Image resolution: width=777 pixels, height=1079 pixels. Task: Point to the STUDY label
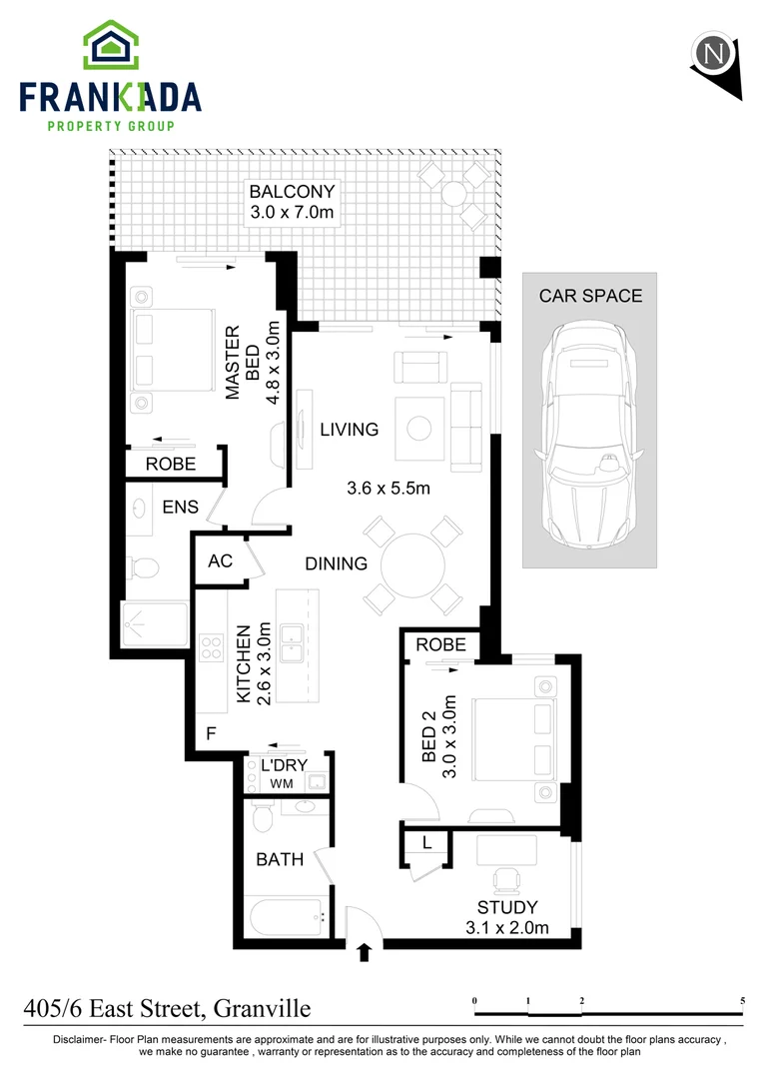(506, 907)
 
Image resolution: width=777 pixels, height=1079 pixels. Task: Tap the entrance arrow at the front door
(364, 952)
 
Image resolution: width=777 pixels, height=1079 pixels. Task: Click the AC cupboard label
(220, 560)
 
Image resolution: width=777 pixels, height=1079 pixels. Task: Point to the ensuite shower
(154, 624)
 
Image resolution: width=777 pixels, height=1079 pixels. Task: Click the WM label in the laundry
(281, 782)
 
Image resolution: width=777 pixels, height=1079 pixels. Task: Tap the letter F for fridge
(211, 734)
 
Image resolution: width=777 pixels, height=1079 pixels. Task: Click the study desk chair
(507, 879)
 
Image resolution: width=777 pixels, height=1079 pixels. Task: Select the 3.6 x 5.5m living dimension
(388, 489)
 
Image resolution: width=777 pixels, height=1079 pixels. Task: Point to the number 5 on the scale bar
(742, 1000)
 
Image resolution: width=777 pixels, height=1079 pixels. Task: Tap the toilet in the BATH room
(263, 818)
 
